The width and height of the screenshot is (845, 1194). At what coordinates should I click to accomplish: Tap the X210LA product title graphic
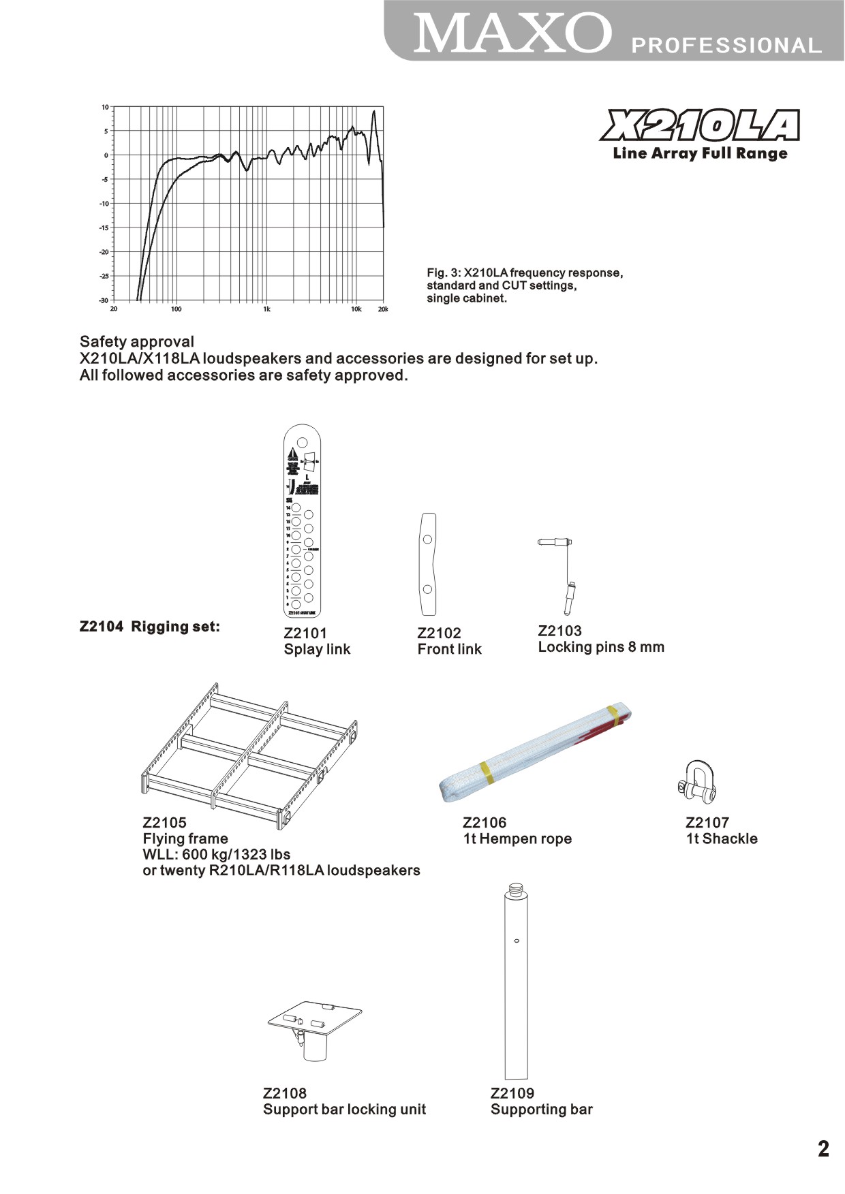(x=700, y=126)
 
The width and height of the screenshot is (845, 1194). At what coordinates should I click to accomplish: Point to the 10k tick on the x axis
(x=356, y=309)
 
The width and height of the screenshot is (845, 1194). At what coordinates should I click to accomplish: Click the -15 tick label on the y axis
(x=104, y=228)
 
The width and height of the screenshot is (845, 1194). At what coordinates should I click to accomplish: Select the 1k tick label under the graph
(x=266, y=309)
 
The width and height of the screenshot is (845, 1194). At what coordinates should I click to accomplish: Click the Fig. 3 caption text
(x=524, y=285)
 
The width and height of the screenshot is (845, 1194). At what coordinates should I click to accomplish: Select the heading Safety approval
(x=137, y=342)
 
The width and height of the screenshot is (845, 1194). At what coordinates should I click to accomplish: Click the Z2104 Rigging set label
(x=150, y=627)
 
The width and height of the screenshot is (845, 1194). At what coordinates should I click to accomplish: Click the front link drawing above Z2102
(x=427, y=564)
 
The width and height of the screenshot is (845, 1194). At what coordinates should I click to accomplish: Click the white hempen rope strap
(x=536, y=753)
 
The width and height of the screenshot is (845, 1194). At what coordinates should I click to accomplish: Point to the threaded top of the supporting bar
(x=516, y=890)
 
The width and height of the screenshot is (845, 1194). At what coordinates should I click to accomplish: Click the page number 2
(x=823, y=1149)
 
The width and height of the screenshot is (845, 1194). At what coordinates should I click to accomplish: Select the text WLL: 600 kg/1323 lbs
(x=217, y=854)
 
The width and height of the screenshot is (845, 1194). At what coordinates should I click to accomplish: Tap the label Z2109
(x=512, y=1093)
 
